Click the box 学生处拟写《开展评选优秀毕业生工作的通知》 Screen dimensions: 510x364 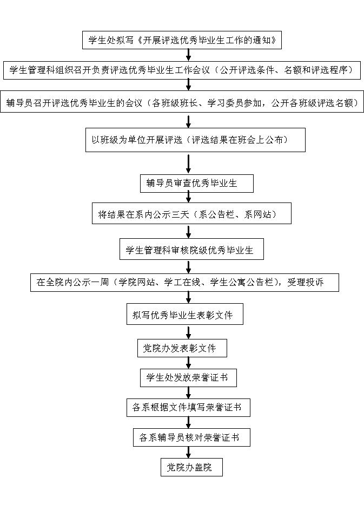point(182,40)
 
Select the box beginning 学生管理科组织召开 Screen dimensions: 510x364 point(182,70)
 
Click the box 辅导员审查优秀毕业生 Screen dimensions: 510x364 point(196,183)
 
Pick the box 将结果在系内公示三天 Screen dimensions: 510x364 point(191,214)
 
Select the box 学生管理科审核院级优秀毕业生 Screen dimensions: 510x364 point(191,250)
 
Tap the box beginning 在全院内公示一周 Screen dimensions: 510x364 point(184,282)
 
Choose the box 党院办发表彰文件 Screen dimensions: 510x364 point(182,348)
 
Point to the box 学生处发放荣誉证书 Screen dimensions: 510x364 point(188,378)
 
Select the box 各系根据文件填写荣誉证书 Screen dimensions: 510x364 point(188,407)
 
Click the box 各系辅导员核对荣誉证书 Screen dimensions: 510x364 point(191,437)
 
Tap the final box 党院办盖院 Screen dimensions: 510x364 point(191,467)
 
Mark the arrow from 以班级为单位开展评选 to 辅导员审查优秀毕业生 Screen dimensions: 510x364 point(189,164)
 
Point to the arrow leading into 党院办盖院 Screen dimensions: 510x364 point(189,453)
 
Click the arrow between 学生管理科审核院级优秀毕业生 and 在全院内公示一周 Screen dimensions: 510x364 point(189,267)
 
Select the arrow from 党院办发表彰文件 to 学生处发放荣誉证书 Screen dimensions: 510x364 point(189,363)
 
